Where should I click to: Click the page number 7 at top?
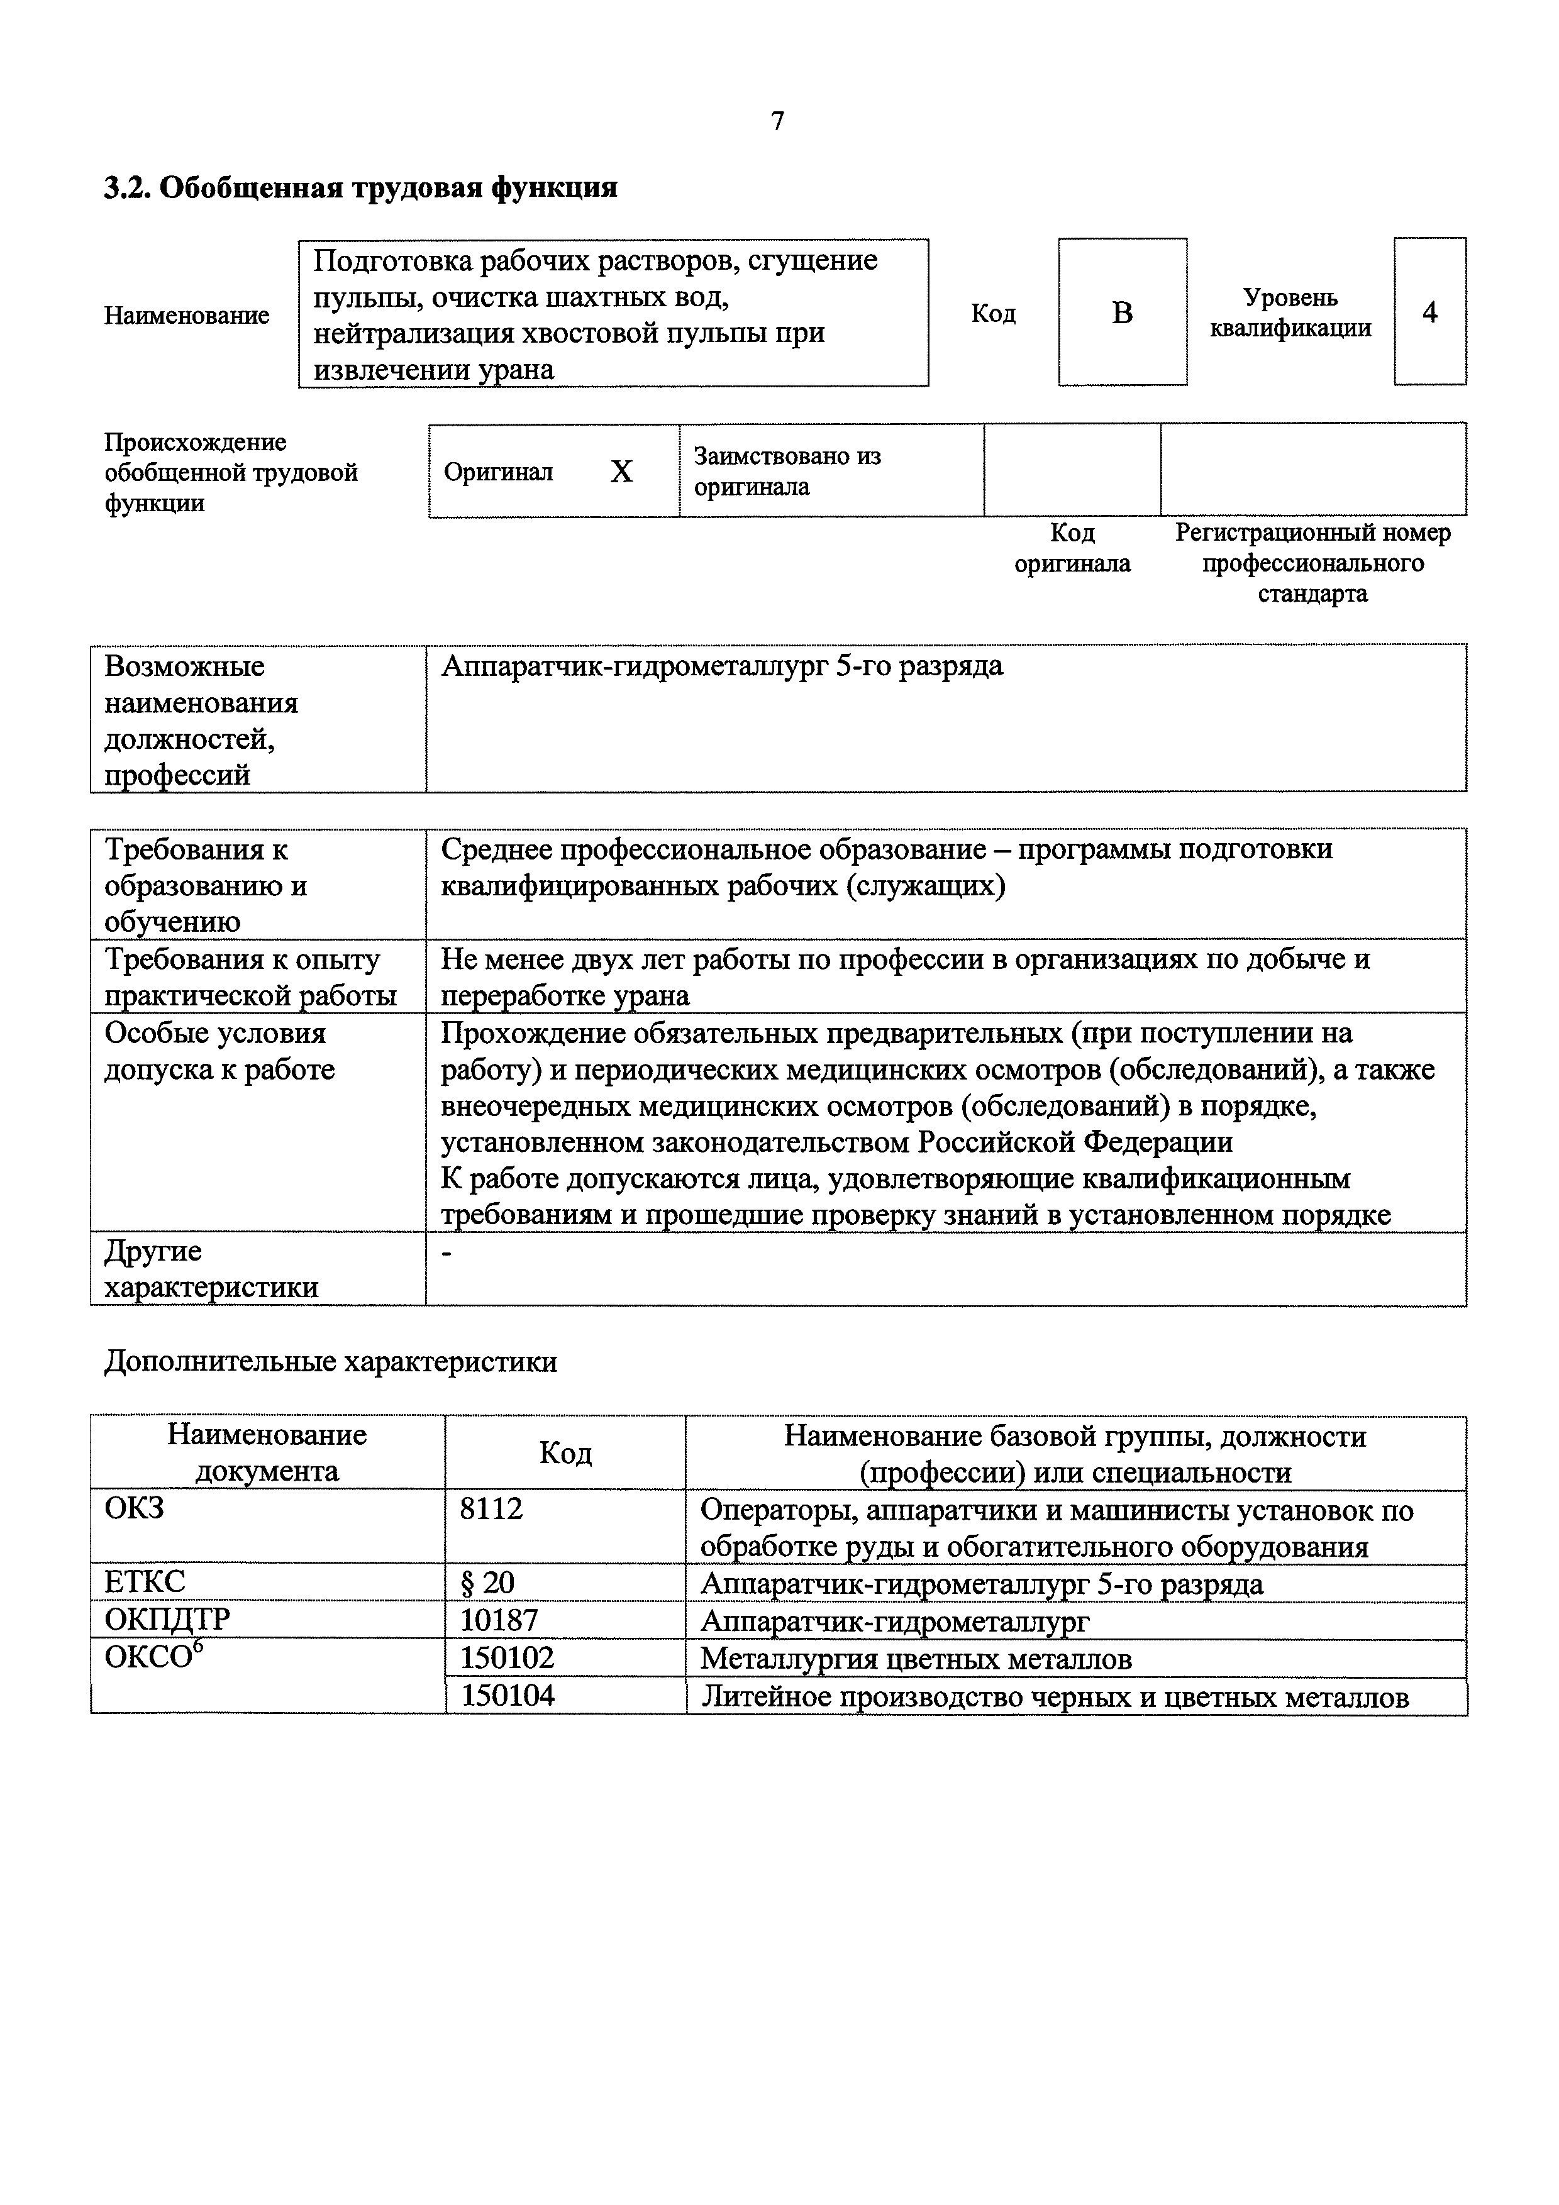point(777,121)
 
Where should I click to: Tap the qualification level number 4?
point(1429,312)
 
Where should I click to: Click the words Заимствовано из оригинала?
point(787,470)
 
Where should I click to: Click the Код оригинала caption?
point(1072,548)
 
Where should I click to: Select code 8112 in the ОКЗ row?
point(491,1509)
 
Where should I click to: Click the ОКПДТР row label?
point(167,1620)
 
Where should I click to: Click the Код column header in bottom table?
point(565,1453)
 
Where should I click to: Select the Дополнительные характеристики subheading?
point(330,1362)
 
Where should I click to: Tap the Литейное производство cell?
point(1054,1697)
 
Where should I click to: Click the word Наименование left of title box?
point(186,315)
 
